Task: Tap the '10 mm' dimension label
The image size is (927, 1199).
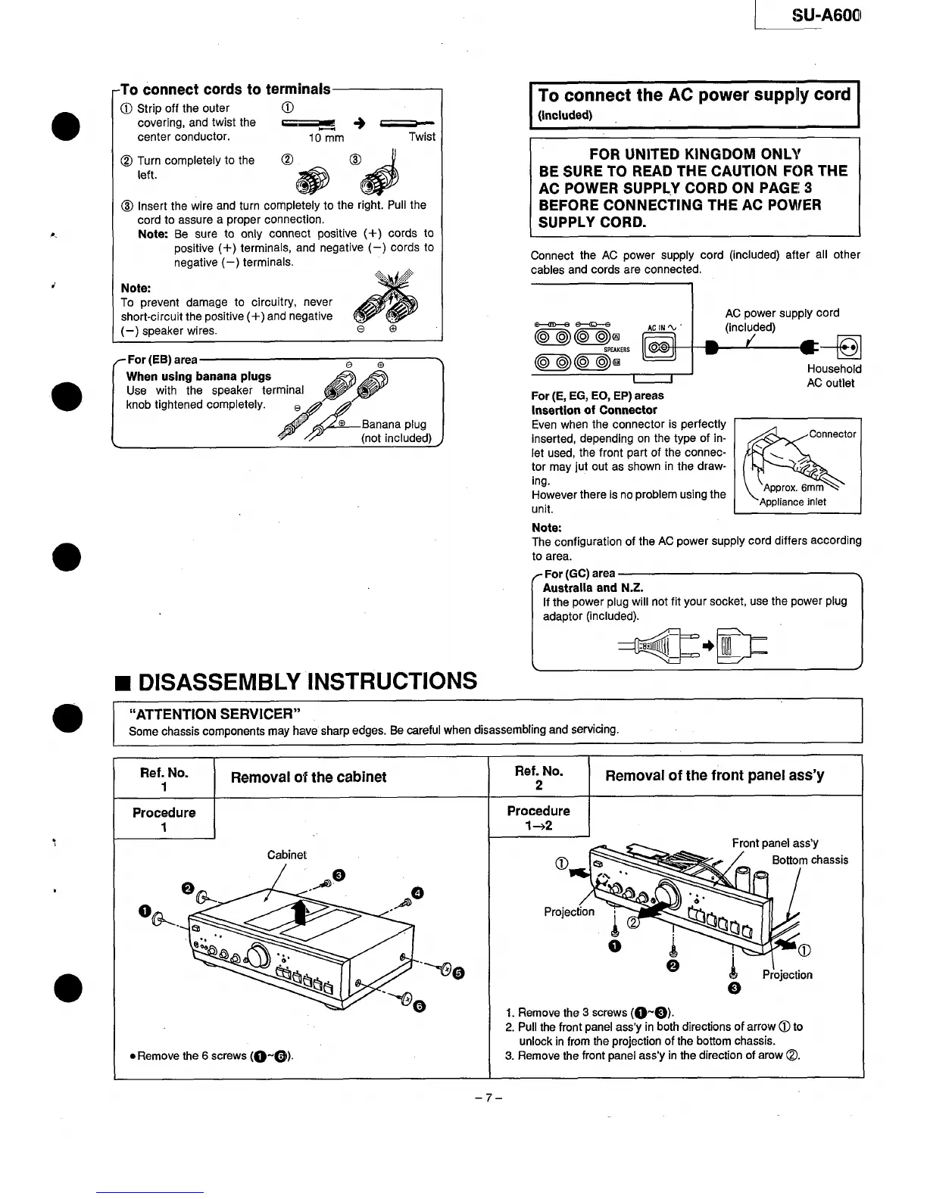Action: click(x=326, y=138)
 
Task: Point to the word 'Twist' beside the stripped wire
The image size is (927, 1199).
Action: click(x=422, y=137)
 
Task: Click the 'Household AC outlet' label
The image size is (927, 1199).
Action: click(x=834, y=375)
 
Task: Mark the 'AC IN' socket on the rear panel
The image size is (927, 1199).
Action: click(x=657, y=347)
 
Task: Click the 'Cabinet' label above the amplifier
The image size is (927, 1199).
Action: click(x=287, y=855)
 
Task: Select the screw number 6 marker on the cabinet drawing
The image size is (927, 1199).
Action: click(x=420, y=1005)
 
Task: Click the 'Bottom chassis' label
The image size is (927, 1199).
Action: click(x=810, y=860)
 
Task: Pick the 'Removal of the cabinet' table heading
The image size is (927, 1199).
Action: click(x=308, y=777)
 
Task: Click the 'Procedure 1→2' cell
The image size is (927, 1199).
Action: click(x=538, y=817)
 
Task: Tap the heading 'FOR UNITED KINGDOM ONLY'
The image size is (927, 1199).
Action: click(x=695, y=154)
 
